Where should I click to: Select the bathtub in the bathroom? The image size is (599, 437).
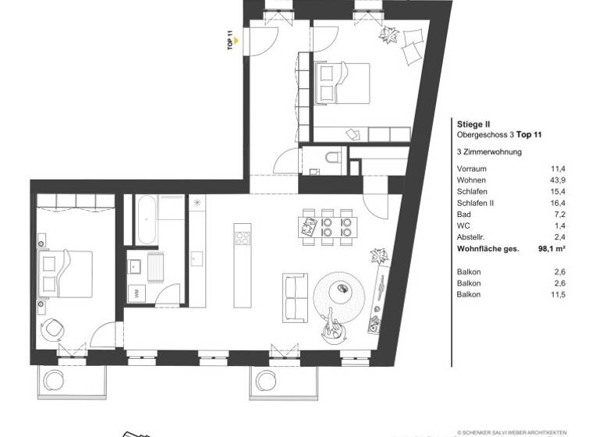[146, 219]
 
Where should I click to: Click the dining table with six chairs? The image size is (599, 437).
[326, 226]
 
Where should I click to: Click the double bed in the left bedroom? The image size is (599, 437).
[66, 272]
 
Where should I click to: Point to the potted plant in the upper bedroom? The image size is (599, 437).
[388, 35]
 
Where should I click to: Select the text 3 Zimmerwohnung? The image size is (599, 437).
[488, 151]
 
